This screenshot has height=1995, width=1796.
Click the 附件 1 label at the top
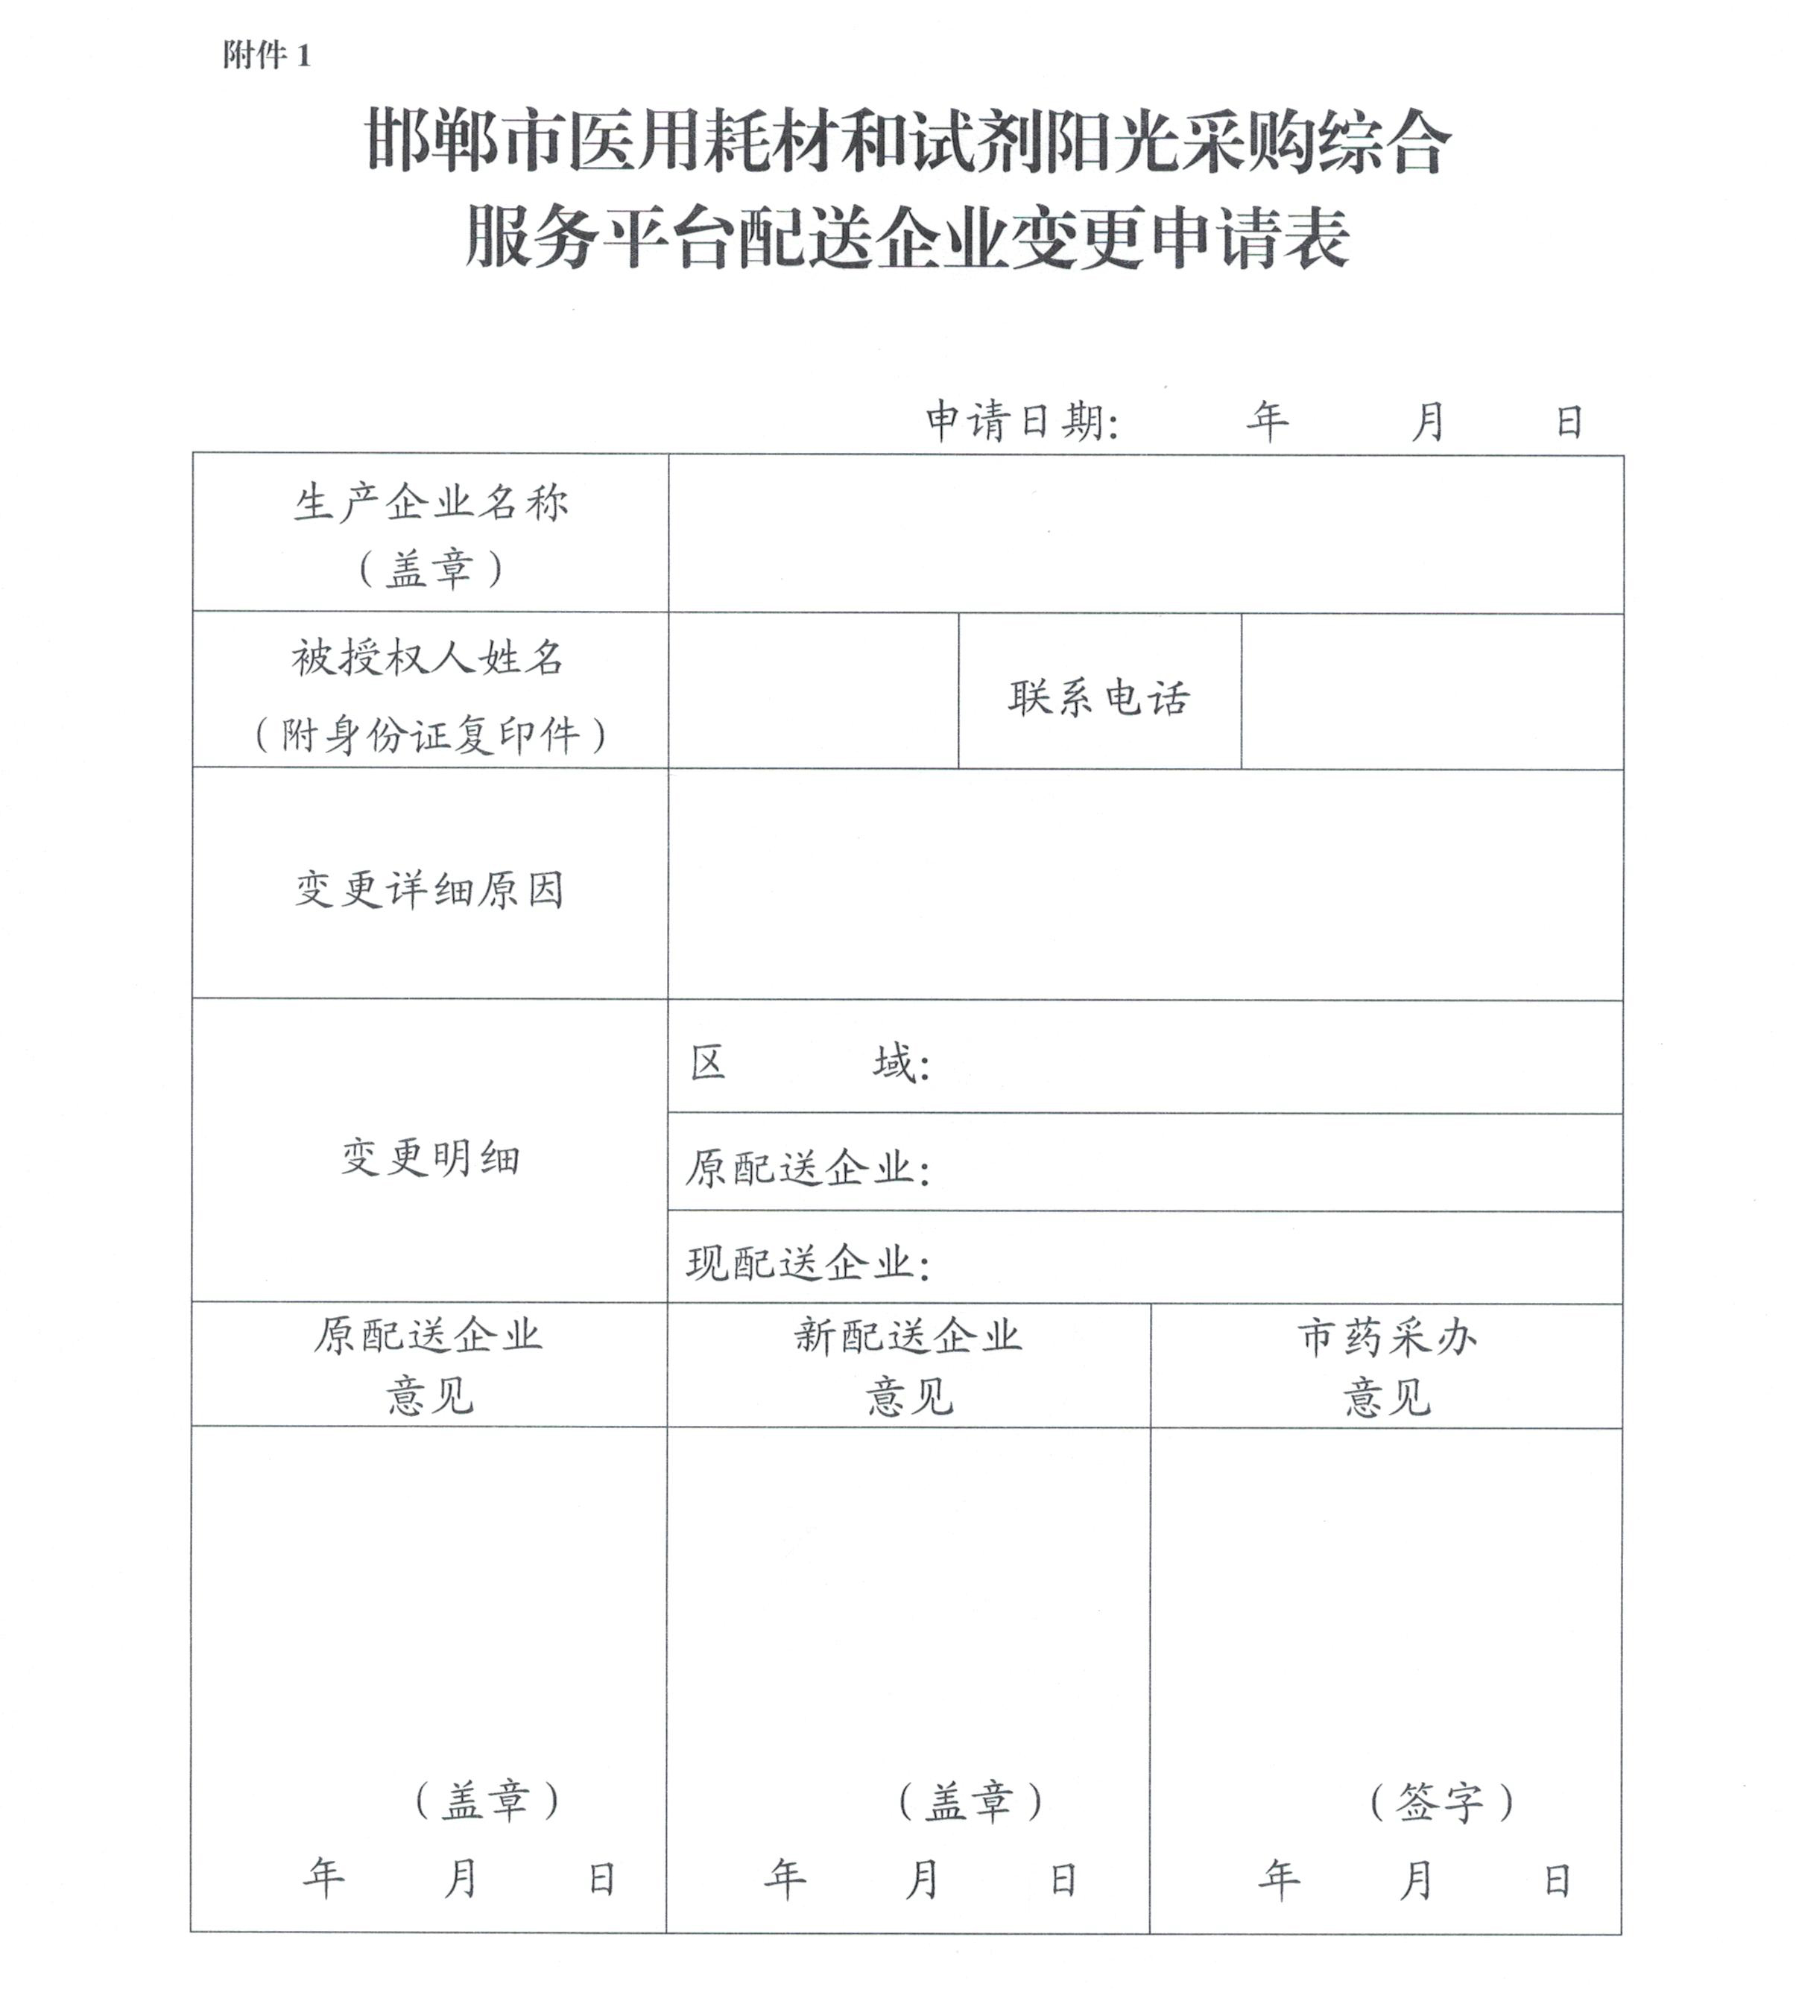tap(267, 55)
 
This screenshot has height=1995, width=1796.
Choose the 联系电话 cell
tap(1099, 697)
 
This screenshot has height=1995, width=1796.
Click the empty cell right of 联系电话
tap(1431, 691)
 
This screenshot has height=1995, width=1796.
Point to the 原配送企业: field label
tap(807, 1168)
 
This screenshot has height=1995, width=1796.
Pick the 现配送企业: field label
tap(807, 1263)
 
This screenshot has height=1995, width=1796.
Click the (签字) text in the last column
tap(1441, 1803)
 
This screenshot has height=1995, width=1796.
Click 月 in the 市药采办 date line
tap(1415, 1880)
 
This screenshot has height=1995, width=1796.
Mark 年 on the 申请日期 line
tap(1267, 422)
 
